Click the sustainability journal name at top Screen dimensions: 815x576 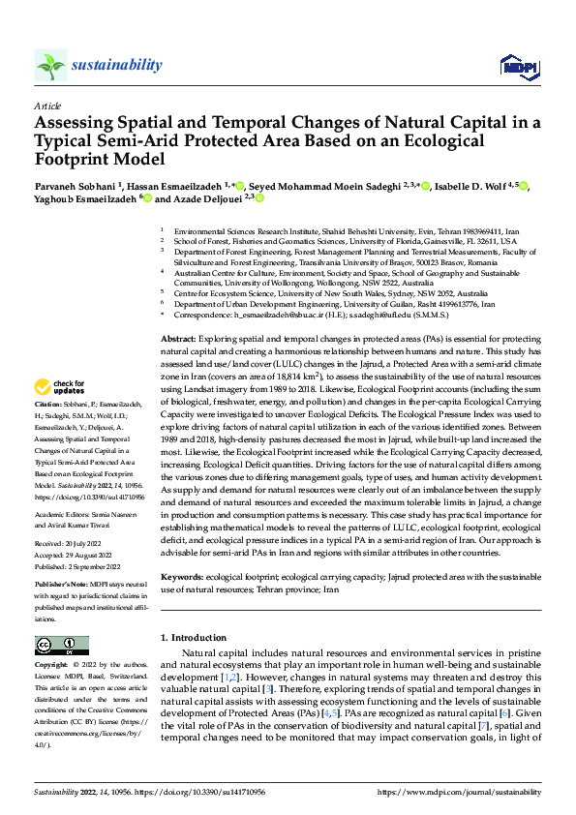coord(116,65)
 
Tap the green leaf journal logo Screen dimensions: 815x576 coord(51,66)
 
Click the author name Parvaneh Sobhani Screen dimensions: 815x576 coord(74,185)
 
